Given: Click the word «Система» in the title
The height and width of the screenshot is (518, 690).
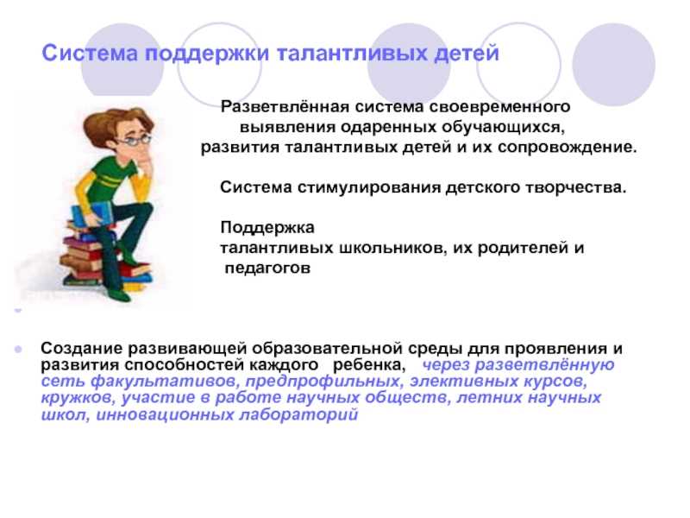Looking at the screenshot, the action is pos(90,53).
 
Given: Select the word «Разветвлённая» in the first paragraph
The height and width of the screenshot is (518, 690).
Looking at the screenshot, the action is pos(285,106).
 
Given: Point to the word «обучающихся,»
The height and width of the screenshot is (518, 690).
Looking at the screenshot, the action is pos(503,127).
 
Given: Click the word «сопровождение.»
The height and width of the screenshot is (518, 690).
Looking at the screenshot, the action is pos(568,148).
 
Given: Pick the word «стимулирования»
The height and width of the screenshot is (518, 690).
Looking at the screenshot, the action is pos(369,188).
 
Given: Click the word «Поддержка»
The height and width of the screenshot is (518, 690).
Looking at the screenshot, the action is pos(267,228).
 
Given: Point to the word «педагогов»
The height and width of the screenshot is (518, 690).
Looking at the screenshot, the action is pos(267,268).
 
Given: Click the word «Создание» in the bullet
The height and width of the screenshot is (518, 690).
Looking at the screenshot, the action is pos(81,349).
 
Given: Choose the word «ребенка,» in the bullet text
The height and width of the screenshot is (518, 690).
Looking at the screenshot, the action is pos(369,365).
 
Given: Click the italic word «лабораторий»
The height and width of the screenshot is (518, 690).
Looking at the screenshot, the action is pos(298,415).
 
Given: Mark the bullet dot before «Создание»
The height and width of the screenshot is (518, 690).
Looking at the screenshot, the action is pos(18,350).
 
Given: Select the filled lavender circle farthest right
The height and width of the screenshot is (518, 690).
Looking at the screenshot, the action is pos(613,65).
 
